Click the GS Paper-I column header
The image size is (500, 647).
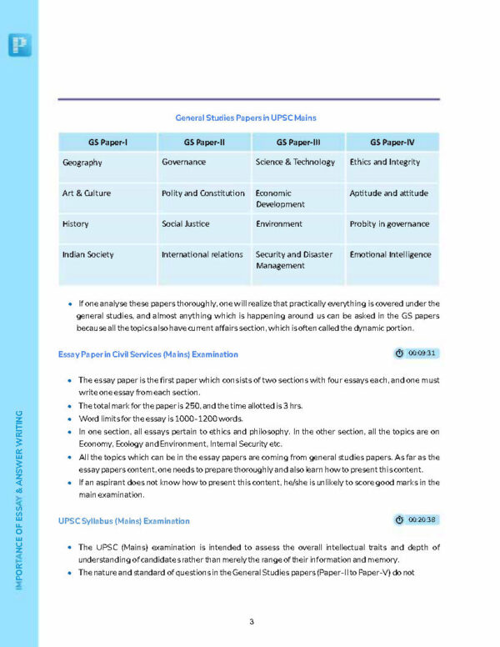tap(107, 141)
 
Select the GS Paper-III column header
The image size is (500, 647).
tap(298, 141)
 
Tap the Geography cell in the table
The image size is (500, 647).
tap(82, 163)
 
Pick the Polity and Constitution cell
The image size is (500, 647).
tap(202, 193)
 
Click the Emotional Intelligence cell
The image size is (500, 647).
tap(390, 254)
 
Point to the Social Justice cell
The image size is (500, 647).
tap(186, 223)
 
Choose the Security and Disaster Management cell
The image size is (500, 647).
tap(293, 259)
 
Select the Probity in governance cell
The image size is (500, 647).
tap(389, 223)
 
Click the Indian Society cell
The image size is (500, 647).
tap(88, 254)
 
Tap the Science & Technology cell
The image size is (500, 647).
tap(295, 162)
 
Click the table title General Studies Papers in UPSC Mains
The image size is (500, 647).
tap(245, 118)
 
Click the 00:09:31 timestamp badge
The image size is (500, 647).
tap(417, 354)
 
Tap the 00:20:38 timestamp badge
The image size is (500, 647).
tap(417, 520)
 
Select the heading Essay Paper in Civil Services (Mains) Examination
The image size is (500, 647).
tap(148, 354)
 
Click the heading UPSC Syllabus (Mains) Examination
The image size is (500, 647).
tap(123, 521)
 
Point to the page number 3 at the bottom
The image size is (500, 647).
tap(251, 621)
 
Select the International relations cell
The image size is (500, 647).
tap(202, 254)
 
